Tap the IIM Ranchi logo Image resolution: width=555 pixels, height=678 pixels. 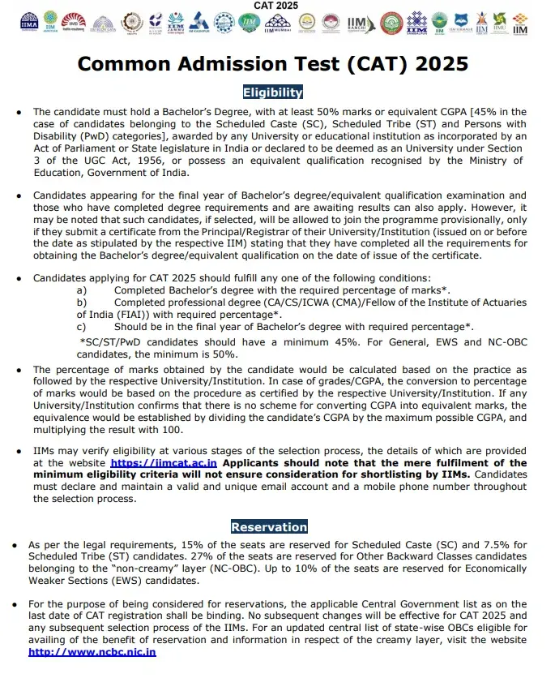pyautogui.click(x=355, y=24)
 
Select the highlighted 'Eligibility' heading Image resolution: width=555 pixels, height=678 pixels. pyautogui.click(x=272, y=92)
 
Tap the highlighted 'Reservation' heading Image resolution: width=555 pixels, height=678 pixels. pyautogui.click(x=269, y=526)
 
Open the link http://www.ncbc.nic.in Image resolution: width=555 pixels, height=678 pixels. pyautogui.click(x=92, y=651)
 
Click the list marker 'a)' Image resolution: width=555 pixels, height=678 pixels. pyautogui.click(x=81, y=290)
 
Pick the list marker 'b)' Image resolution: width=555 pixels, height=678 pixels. pyautogui.click(x=81, y=302)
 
